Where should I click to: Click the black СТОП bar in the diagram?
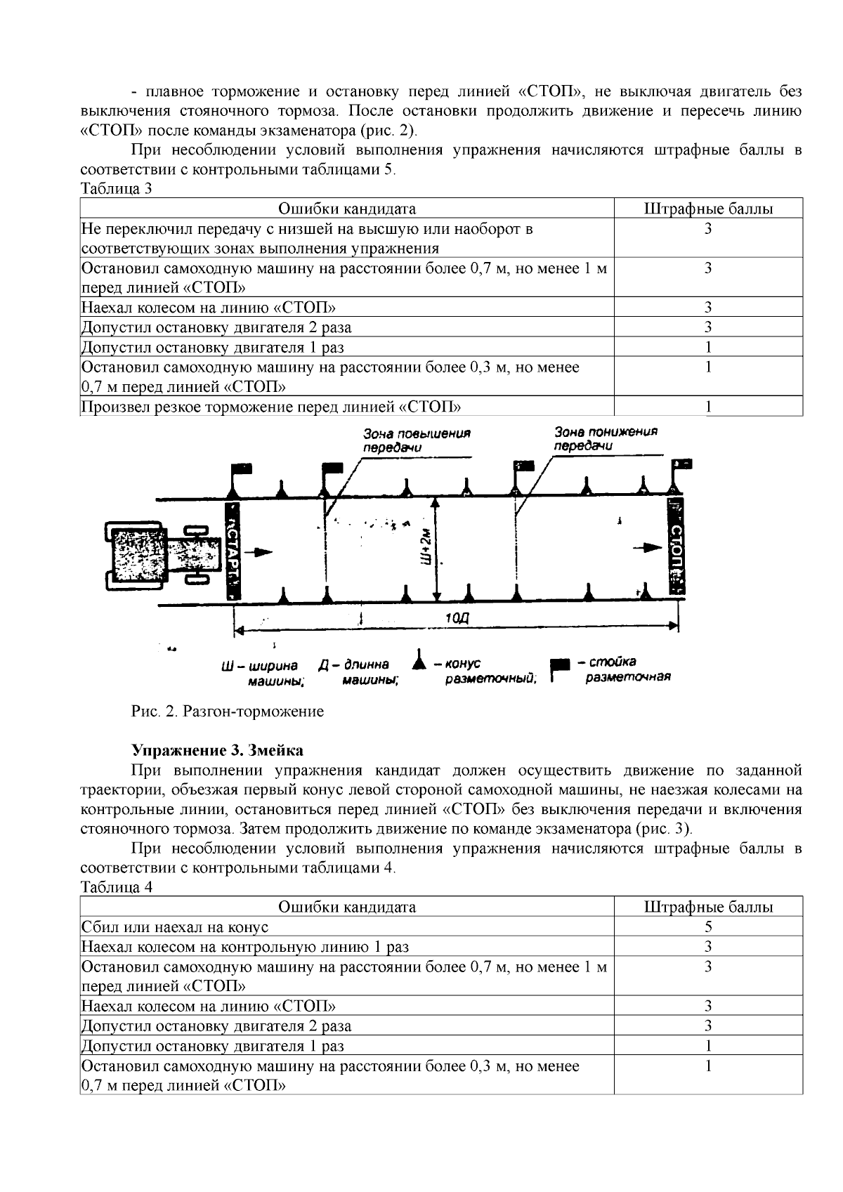[677, 549]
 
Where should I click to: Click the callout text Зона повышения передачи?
[416, 440]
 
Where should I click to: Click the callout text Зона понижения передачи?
[605, 438]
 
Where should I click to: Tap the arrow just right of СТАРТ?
[262, 552]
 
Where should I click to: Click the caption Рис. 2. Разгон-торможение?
[228, 712]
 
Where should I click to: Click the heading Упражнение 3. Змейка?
[218, 750]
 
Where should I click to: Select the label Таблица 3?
[117, 188]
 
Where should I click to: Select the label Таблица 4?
[117, 886]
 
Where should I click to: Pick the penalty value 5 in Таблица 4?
[708, 926]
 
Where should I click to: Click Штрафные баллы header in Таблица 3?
[708, 209]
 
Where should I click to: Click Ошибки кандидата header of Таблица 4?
[347, 907]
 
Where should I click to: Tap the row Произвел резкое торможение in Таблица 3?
[271, 407]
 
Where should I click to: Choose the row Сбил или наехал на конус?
[175, 927]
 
